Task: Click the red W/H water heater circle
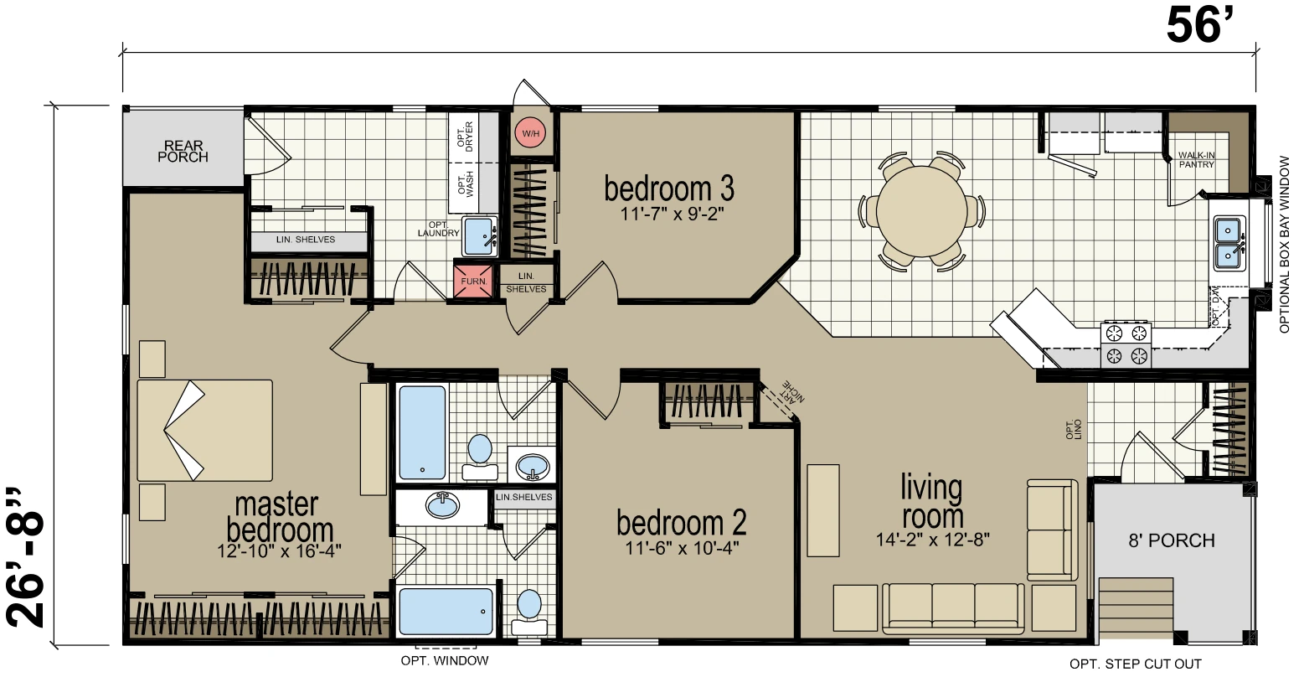point(530,133)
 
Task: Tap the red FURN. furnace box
point(473,281)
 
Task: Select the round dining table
point(921,211)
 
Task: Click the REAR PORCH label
point(183,151)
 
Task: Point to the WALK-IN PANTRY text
point(1196,160)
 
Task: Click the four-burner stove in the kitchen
point(1126,344)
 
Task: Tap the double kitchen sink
point(1229,243)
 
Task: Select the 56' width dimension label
point(1200,27)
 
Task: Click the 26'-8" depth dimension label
point(26,557)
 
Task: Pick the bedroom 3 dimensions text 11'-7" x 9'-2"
point(672,214)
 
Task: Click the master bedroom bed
point(204,431)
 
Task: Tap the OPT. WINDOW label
point(445,661)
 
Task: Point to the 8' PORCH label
point(1172,540)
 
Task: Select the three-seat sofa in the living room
point(953,608)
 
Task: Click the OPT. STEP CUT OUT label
point(1135,664)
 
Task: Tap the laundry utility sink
point(480,236)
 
